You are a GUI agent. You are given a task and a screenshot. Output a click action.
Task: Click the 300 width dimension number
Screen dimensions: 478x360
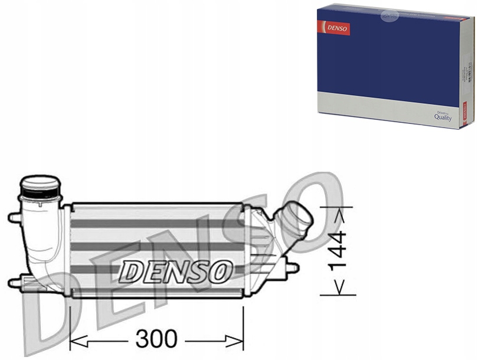(x=156, y=339)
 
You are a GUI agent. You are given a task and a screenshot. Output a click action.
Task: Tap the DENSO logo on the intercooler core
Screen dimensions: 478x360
(x=176, y=271)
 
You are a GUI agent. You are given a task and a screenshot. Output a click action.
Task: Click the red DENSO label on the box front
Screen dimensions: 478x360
(x=335, y=28)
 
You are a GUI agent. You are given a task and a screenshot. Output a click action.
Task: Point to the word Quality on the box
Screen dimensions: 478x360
(x=443, y=117)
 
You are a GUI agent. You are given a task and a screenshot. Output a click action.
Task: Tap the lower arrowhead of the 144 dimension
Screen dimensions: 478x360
(x=338, y=286)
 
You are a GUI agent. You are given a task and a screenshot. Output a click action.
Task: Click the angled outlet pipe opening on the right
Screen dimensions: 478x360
(x=302, y=220)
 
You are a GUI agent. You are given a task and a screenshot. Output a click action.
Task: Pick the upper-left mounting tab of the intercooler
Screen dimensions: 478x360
(x=14, y=218)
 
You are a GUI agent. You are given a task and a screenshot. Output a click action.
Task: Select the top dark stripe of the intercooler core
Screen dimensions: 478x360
(x=156, y=224)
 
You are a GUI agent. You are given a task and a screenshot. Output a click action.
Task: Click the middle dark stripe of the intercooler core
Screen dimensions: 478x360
(x=156, y=246)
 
